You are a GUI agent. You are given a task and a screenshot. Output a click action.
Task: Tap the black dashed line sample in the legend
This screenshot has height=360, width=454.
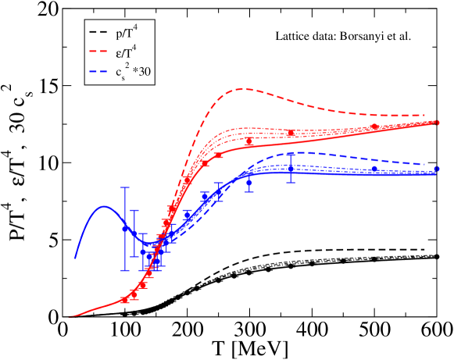pos(98,34)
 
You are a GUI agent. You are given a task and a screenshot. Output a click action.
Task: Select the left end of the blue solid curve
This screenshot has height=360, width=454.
pos(75,257)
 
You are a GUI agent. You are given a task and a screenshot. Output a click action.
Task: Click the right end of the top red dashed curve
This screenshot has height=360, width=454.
pos(425,116)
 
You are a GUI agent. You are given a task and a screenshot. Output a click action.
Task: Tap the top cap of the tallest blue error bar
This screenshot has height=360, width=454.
pos(124,187)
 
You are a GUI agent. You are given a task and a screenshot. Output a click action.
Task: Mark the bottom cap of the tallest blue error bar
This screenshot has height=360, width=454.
pos(124,270)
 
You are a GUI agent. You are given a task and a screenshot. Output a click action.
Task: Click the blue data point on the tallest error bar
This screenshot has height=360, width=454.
pos(124,228)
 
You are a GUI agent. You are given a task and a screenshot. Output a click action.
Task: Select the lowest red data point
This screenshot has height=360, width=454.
pos(124,299)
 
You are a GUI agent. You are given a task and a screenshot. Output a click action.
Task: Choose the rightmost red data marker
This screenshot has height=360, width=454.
pos(438,123)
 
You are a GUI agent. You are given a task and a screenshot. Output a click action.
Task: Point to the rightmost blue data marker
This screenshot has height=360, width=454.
pos(438,168)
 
